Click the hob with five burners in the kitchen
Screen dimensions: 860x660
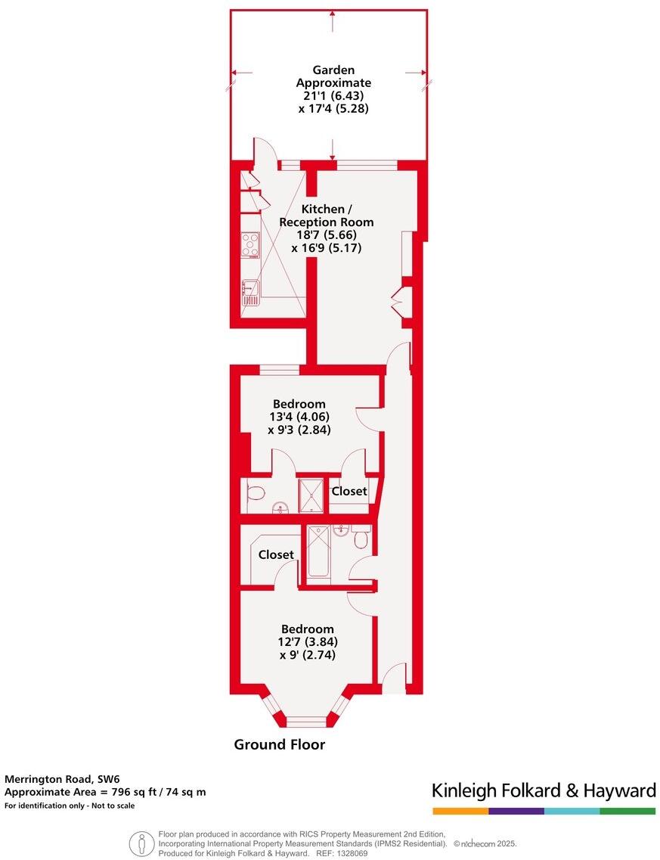click(x=250, y=244)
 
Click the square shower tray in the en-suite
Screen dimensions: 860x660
click(x=311, y=495)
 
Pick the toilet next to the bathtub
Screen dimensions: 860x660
click(x=360, y=539)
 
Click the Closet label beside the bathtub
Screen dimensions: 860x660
click(x=276, y=554)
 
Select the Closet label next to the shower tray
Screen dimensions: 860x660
click(x=349, y=491)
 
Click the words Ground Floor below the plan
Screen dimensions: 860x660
click(x=279, y=744)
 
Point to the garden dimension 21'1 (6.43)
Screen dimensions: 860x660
click(x=333, y=95)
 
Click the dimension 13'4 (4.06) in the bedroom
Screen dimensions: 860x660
click(x=299, y=417)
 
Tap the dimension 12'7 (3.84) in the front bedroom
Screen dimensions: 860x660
click(x=307, y=642)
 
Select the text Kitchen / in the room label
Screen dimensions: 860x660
click(x=326, y=209)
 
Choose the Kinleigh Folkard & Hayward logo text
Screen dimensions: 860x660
click(x=544, y=791)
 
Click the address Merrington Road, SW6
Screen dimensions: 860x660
click(x=62, y=778)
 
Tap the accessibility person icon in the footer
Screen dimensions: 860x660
click(x=141, y=843)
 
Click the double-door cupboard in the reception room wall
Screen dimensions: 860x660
click(x=400, y=303)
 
